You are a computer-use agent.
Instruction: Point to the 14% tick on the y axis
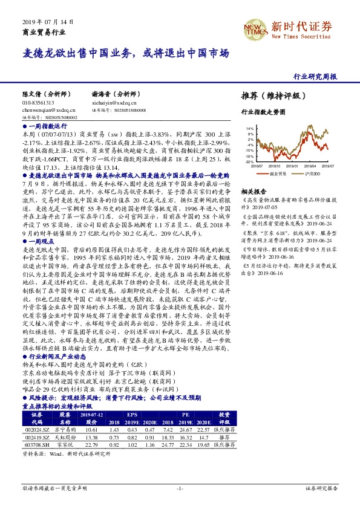pos(249,129)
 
